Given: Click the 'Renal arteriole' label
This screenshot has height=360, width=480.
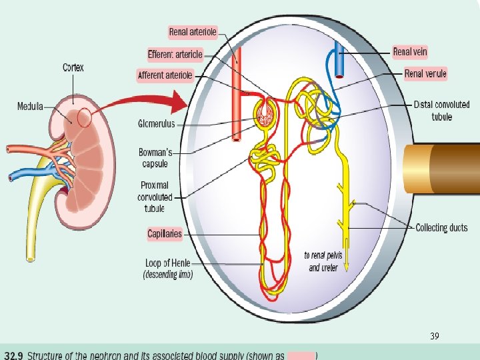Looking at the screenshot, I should (193, 31).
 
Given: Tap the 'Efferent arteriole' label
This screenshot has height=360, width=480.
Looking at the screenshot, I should (175, 54).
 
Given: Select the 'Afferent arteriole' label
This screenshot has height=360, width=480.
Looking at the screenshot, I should (165, 75).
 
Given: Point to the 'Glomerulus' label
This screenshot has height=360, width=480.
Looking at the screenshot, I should (156, 123).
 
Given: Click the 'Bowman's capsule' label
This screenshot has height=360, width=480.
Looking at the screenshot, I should (155, 158).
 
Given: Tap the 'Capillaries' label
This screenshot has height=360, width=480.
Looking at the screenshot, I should (165, 233).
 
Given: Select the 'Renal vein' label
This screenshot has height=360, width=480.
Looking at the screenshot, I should (410, 51).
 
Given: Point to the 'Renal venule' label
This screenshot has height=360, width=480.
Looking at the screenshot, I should (425, 73).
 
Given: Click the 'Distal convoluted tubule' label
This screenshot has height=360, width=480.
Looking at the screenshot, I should (441, 111).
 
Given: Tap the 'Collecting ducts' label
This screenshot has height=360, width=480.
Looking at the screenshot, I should (441, 228).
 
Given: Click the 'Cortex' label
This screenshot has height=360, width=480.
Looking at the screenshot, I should (73, 67).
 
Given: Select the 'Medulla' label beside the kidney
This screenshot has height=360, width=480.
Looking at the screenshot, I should (30, 106).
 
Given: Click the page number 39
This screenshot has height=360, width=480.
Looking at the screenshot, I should (434, 337).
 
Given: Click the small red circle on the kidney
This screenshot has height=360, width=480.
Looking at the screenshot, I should (85, 118).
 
